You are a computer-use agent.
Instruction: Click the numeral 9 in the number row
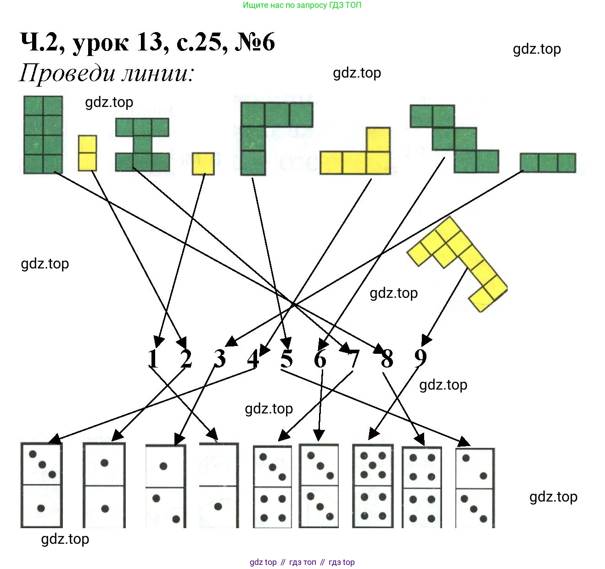click(x=420, y=358)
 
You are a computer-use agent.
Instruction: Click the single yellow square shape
click(x=203, y=164)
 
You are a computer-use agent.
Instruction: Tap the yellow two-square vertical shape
click(x=87, y=153)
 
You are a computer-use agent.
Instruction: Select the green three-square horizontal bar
click(x=548, y=163)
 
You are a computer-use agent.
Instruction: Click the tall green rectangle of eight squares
click(x=43, y=134)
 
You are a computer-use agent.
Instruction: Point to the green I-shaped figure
click(x=142, y=145)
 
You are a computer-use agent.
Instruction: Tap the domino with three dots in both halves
click(x=319, y=486)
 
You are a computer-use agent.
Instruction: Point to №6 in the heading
click(x=255, y=42)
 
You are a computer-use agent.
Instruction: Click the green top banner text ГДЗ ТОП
click(x=345, y=6)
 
